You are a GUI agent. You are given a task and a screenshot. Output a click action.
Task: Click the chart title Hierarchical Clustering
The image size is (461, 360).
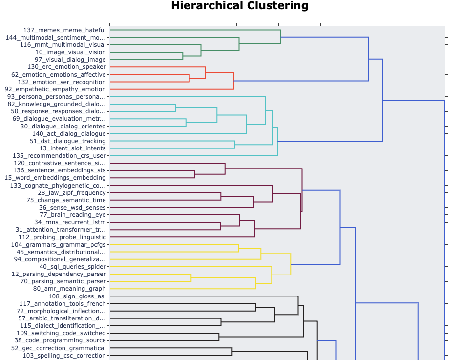point(240,6)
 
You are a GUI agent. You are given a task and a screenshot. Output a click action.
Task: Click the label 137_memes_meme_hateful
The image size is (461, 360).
point(64,30)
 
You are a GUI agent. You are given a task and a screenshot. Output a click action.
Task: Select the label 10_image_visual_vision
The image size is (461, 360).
point(70,52)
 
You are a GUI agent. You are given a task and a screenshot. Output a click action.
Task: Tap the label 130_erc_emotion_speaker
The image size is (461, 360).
point(66,67)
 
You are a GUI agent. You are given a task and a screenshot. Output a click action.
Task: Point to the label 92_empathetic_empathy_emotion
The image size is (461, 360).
point(55,89)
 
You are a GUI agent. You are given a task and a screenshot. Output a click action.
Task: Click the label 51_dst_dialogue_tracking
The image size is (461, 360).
point(67,141)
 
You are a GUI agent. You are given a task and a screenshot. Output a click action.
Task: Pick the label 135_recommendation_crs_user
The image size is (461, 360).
point(59,156)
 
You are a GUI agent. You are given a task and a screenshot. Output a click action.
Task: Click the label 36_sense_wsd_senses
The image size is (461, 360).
point(72,208)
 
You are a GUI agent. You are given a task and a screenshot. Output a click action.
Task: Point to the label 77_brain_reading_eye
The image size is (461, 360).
point(72,215)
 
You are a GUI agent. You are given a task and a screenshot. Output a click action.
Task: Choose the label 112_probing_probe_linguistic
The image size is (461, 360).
point(58,237)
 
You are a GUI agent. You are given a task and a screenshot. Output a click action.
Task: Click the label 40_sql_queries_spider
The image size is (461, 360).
point(72,267)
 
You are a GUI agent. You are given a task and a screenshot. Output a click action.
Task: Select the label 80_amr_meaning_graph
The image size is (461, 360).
point(69,289)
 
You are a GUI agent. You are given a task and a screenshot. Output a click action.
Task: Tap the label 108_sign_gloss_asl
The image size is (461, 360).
point(77,296)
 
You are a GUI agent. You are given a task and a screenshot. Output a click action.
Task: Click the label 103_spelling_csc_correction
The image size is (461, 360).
point(64,356)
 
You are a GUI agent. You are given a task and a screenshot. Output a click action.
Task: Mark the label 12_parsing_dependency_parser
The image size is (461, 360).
point(58,274)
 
